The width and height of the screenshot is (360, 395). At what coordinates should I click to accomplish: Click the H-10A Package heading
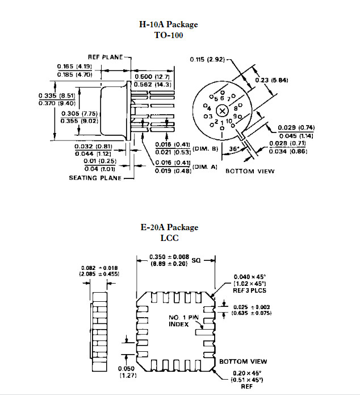[169, 24]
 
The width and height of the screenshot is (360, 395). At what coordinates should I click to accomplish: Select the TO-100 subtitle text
[169, 35]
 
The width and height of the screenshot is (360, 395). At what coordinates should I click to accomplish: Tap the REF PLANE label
[105, 57]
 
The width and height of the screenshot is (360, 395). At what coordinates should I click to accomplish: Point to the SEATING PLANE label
[95, 178]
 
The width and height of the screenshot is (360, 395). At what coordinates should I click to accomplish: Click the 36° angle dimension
[234, 149]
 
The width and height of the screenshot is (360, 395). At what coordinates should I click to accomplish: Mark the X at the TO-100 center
[222, 111]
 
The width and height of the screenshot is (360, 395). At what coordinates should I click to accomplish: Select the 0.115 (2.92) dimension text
[207, 60]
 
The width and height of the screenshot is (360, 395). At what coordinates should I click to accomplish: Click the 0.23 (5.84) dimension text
[271, 80]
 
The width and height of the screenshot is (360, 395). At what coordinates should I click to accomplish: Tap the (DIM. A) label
[204, 167]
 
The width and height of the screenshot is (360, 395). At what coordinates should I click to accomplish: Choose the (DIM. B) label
[205, 149]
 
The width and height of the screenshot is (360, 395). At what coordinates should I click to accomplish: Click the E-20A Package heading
[169, 227]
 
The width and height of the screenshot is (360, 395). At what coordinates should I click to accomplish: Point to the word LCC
[169, 238]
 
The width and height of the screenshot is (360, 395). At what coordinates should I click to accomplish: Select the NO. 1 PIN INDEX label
[183, 321]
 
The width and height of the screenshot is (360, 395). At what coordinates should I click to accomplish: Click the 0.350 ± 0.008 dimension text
[169, 257]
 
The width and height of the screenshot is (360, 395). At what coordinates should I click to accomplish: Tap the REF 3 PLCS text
[249, 290]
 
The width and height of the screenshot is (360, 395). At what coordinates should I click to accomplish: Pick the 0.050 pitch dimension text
[127, 368]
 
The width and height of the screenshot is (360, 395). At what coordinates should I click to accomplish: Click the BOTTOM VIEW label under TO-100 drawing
[250, 171]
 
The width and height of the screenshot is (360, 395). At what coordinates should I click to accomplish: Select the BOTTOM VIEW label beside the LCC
[243, 361]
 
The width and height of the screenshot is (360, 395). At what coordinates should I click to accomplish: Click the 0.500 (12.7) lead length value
[152, 77]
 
